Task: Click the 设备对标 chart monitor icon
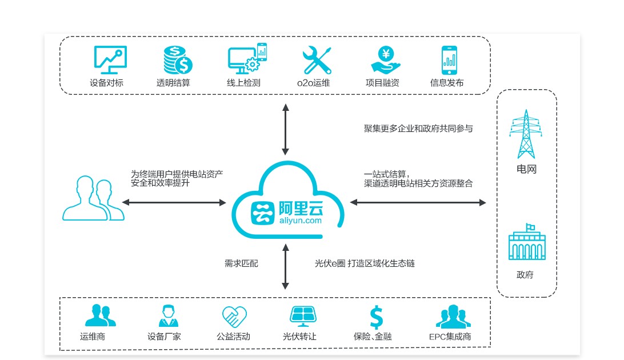point(110,59)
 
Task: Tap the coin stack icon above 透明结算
point(177,59)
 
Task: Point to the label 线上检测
point(243,83)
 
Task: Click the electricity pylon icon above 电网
point(526,135)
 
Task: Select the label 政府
point(525,275)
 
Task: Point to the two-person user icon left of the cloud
point(93,198)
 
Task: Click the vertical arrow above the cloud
point(285,129)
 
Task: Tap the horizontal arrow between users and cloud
point(174,202)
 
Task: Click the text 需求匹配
point(241,263)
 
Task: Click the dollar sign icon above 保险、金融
point(375,316)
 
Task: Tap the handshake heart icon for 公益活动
point(233,316)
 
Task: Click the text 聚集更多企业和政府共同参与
point(418,129)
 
